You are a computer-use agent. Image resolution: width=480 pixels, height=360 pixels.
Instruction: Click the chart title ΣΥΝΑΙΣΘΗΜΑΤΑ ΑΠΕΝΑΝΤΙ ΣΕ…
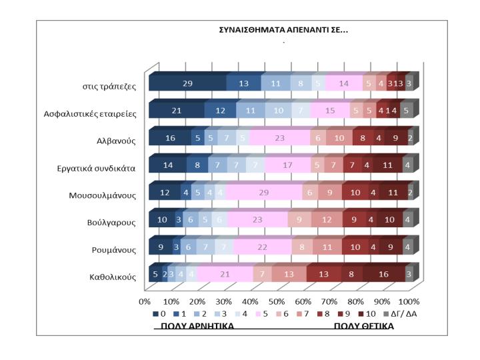pyautogui.click(x=283, y=30)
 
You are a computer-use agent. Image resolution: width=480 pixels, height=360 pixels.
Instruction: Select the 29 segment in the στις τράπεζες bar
pyautogui.click(x=187, y=83)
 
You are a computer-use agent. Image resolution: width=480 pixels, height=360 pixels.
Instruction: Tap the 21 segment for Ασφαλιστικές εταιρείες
pyautogui.click(x=177, y=111)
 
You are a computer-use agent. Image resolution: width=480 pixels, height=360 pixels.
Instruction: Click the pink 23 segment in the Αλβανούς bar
pyautogui.click(x=279, y=138)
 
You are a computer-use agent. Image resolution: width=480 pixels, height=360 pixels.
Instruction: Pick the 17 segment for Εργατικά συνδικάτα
pyautogui.click(x=287, y=166)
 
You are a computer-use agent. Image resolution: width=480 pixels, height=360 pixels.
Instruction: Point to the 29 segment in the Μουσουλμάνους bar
pyautogui.click(x=265, y=193)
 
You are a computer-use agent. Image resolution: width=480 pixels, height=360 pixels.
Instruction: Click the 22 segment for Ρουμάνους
pyautogui.click(x=263, y=248)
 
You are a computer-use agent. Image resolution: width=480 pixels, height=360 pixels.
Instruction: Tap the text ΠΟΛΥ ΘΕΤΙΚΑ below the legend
pyautogui.click(x=364, y=326)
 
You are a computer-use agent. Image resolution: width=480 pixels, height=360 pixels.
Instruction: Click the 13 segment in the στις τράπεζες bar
pyautogui.click(x=243, y=83)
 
